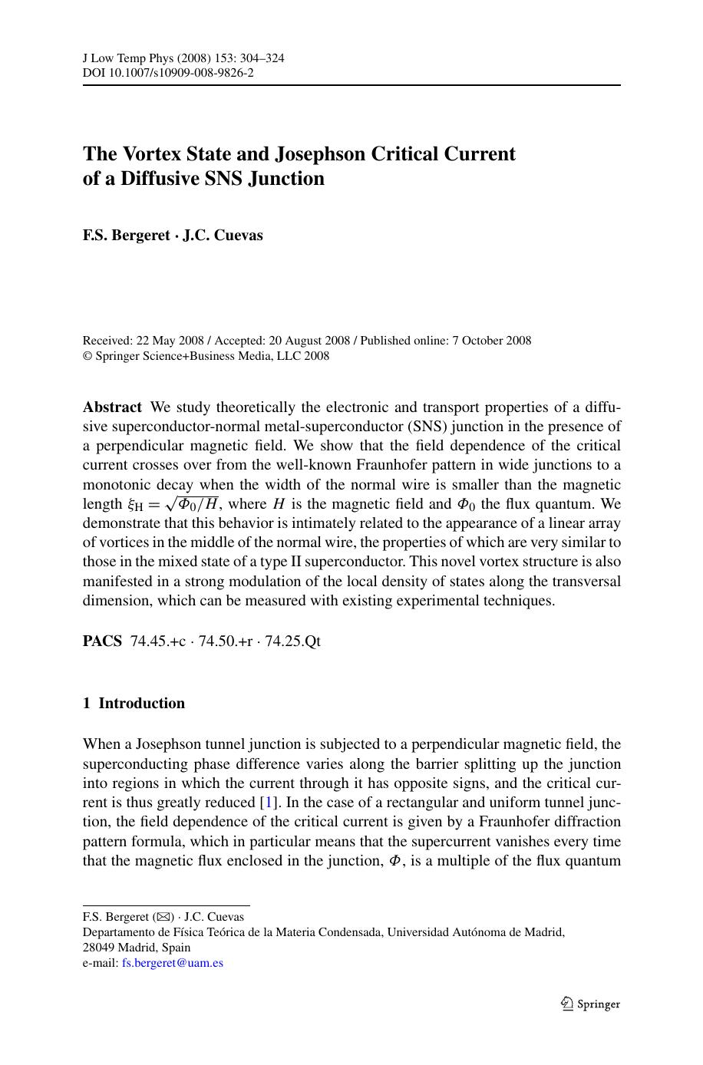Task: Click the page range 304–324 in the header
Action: pyautogui.click(x=259, y=58)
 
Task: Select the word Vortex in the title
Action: pyautogui.click(x=148, y=153)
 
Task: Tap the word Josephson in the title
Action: pyautogui.click(x=321, y=153)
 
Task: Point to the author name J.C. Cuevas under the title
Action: pyautogui.click(x=223, y=236)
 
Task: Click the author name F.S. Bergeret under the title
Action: pyautogui.click(x=126, y=236)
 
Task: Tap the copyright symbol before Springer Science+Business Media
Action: pyautogui.click(x=87, y=356)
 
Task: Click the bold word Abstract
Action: pyautogui.click(x=112, y=407)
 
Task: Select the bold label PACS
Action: pyautogui.click(x=102, y=641)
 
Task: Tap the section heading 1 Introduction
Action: pyautogui.click(x=134, y=704)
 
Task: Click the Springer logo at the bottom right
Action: pyautogui.click(x=589, y=1004)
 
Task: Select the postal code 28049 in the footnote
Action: pyautogui.click(x=99, y=948)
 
